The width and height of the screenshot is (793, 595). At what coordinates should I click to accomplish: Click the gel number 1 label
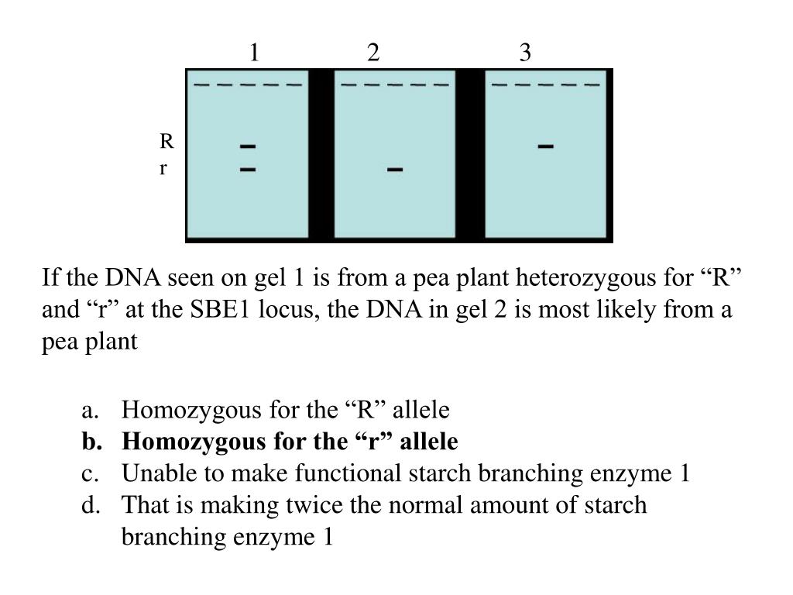tap(254, 53)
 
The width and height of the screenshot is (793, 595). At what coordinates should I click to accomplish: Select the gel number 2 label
tap(373, 53)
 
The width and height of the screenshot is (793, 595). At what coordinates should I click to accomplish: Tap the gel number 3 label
tap(525, 53)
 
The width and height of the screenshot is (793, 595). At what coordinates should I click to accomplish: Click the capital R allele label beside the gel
tap(166, 142)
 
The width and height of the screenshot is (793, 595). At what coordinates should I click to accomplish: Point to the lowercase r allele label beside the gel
tap(163, 168)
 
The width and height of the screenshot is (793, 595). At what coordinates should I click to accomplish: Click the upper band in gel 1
tap(248, 146)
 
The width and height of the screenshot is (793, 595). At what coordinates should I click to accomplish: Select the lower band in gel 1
tap(248, 168)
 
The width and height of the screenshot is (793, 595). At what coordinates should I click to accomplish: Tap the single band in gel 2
tap(395, 169)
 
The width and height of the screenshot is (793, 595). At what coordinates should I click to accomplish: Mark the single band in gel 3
tap(545, 146)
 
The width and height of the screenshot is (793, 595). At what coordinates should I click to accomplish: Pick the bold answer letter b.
tap(90, 442)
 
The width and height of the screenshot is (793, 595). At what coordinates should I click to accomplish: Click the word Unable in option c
tap(150, 473)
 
